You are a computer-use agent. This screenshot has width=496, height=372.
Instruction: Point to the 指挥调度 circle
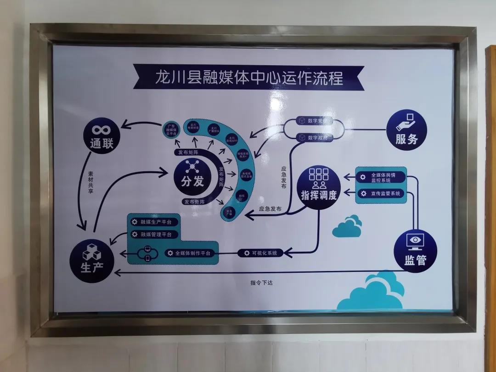pyautogui.click(x=318, y=188)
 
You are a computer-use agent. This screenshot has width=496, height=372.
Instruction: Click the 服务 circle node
pyautogui.click(x=406, y=130)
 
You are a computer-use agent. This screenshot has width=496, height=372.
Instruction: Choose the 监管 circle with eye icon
pyautogui.click(x=415, y=251)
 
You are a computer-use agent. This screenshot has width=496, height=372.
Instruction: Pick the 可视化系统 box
pyautogui.click(x=260, y=253)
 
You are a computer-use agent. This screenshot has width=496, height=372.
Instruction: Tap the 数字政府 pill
pyautogui.click(x=315, y=137)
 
